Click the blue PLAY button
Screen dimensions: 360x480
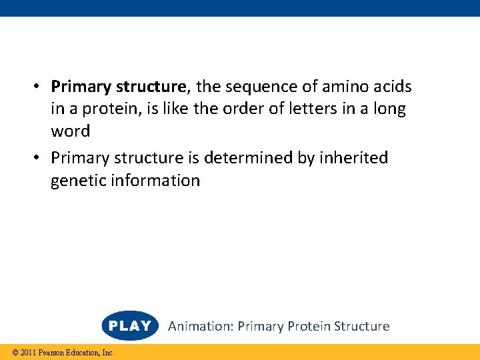(x=130, y=326)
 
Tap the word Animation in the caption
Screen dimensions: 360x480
(x=199, y=327)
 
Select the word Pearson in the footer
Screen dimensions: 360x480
(x=51, y=353)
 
